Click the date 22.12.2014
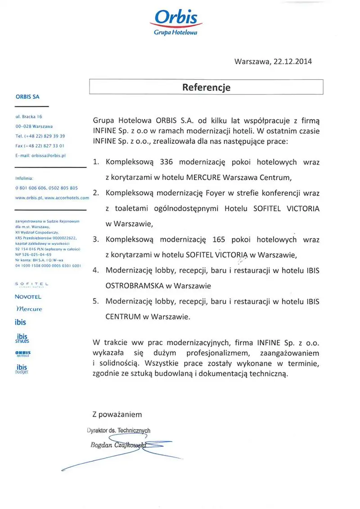pyautogui.click(x=292, y=62)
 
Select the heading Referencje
pyautogui.click(x=206, y=87)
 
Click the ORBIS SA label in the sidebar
pyautogui.click(x=28, y=96)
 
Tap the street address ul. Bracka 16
pyautogui.click(x=28, y=116)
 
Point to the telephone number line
pyautogui.click(x=40, y=135)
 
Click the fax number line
pyautogui.click(x=40, y=145)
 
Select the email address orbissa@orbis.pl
pyautogui.click(x=40, y=155)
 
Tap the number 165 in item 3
pyautogui.click(x=218, y=239)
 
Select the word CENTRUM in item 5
pyautogui.click(x=123, y=316)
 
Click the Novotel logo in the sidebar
pyautogui.click(x=28, y=297)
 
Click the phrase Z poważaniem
pyautogui.click(x=117, y=414)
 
